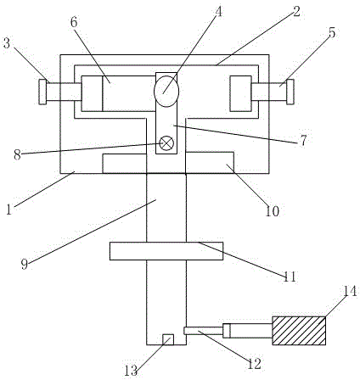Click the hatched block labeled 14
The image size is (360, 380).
[299, 331]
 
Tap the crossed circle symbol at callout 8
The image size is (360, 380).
[166, 143]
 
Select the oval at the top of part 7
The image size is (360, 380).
[166, 91]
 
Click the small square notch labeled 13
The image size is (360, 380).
[168, 339]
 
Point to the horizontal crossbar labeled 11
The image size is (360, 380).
[166, 251]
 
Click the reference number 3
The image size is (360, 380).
[6, 44]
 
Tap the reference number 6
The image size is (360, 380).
[74, 23]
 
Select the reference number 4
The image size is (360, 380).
[218, 12]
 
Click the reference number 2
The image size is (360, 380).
[296, 12]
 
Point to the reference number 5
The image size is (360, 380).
[332, 32]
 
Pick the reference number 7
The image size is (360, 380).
[303, 140]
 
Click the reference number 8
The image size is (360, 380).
[17, 155]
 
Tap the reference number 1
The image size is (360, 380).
[9, 210]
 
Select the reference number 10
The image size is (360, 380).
[273, 211]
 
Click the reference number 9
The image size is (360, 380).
[25, 265]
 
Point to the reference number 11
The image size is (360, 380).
[290, 277]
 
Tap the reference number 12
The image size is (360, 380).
[254, 364]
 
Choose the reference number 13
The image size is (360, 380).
[131, 371]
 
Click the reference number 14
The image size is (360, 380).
[350, 291]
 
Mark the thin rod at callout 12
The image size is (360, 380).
[203, 331]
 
